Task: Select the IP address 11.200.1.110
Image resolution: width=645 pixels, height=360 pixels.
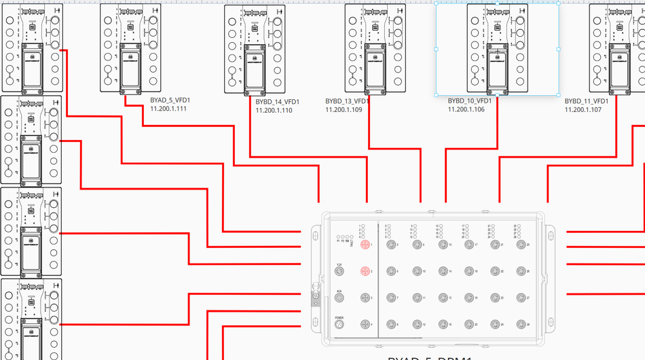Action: [x=274, y=110]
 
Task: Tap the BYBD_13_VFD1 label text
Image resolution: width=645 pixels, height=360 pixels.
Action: [x=347, y=101]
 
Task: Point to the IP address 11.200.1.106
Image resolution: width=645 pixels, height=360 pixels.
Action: [x=466, y=109]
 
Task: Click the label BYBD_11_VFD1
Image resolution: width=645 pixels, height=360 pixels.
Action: [x=587, y=101]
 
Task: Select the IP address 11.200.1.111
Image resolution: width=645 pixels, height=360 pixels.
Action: [x=168, y=109]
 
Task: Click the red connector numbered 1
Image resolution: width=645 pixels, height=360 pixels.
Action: [x=364, y=245]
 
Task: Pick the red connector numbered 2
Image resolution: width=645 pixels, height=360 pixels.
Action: [x=364, y=271]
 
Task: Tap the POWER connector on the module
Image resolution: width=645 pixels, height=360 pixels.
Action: [x=339, y=326]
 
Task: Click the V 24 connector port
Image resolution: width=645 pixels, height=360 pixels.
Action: [x=339, y=272]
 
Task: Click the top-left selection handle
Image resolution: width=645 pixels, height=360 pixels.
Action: [x=436, y=3]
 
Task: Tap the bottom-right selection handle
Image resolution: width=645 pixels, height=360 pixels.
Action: [x=559, y=94]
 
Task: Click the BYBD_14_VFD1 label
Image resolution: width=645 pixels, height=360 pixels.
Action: [x=278, y=102]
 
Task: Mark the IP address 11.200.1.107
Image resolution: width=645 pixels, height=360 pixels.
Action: [x=583, y=109]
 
